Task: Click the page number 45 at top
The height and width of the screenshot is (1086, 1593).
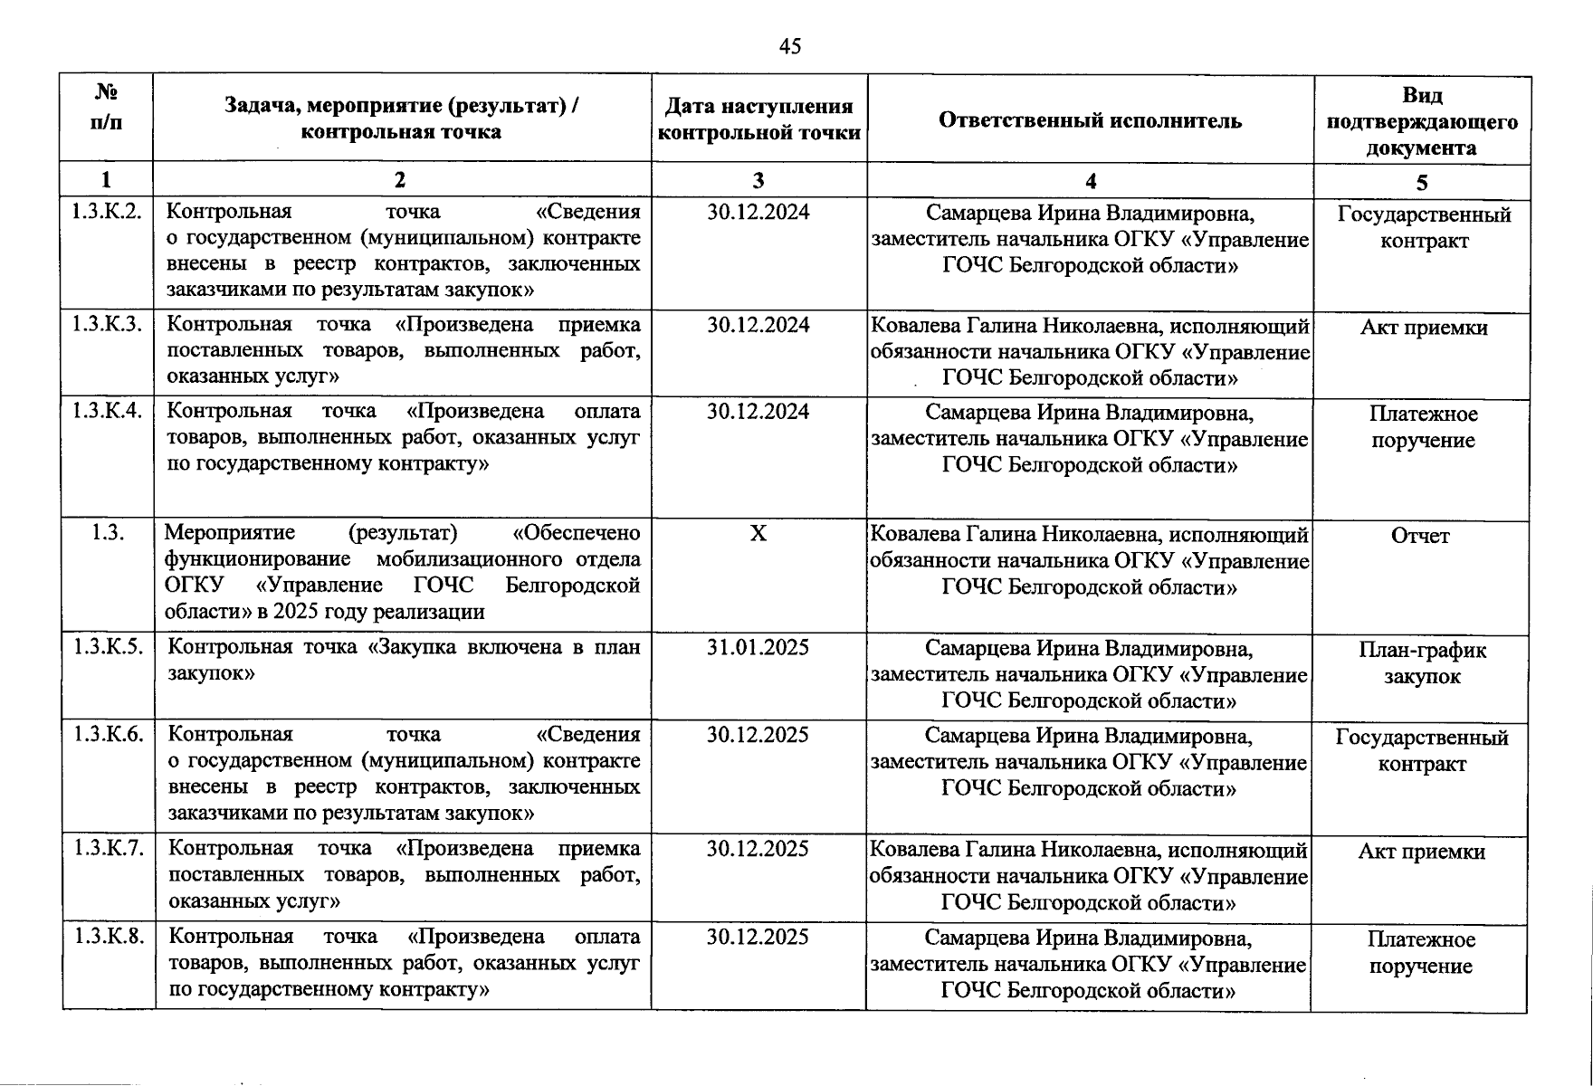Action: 789,46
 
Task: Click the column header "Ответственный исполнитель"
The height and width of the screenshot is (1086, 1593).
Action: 1090,120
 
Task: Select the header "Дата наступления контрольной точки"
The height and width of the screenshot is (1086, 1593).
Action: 758,119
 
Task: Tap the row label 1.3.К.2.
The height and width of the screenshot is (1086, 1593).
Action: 107,212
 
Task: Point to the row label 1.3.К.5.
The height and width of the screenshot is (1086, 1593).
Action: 108,647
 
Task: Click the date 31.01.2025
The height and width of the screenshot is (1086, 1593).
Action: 758,647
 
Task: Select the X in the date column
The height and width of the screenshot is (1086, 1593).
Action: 758,533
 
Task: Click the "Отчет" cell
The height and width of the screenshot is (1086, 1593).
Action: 1420,536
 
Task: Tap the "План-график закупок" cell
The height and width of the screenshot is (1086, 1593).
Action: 1422,662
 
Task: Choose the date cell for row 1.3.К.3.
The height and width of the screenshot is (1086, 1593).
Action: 758,325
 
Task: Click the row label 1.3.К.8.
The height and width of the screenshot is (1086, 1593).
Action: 108,936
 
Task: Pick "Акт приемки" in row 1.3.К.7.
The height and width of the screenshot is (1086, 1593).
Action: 1421,852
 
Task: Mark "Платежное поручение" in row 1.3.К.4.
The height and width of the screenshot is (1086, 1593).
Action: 1423,427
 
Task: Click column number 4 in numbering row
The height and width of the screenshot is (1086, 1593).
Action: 1091,181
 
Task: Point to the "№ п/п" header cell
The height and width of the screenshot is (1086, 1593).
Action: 107,107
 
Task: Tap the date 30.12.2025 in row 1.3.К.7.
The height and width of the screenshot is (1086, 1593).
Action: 758,849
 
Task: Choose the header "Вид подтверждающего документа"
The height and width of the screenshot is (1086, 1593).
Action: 1422,120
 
